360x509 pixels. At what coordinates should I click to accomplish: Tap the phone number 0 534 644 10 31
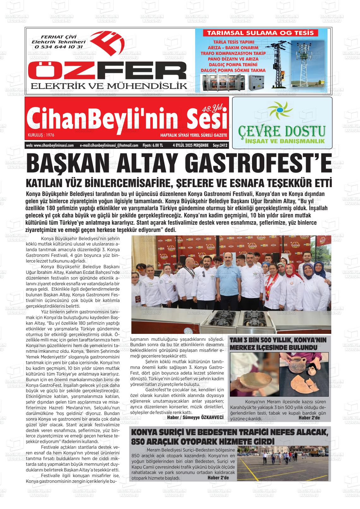[59, 47]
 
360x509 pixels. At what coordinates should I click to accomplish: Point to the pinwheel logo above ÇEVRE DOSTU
[279, 110]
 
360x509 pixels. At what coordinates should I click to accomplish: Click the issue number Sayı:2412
[220, 145]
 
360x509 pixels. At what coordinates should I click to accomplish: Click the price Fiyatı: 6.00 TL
[153, 145]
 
